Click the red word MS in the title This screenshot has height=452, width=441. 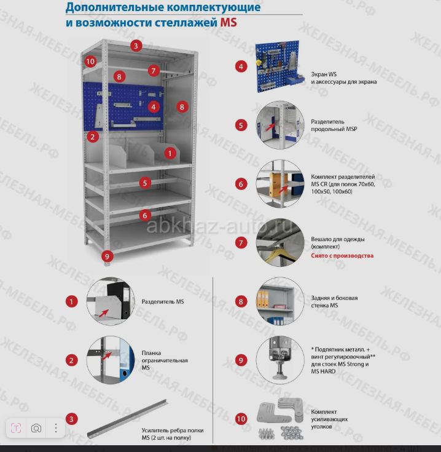click(228, 23)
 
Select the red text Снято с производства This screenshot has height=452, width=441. click(342, 256)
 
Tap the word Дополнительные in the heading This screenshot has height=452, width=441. click(114, 7)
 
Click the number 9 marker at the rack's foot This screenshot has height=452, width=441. click(107, 256)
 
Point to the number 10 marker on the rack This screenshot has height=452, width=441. click(90, 61)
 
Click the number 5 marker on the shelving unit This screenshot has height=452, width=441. click(145, 183)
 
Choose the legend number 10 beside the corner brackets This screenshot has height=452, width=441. click(241, 419)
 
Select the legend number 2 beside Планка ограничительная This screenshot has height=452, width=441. click(72, 360)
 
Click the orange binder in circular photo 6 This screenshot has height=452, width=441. click(275, 184)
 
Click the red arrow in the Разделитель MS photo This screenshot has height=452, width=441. click(104, 313)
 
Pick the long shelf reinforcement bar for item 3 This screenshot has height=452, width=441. click(128, 419)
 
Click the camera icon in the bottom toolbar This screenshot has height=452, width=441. click(36, 428)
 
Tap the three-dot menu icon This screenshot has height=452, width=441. click(56, 428)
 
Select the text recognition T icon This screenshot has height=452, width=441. click(16, 428)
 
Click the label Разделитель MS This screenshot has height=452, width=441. click(163, 301)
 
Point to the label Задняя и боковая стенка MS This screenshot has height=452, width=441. click(334, 301)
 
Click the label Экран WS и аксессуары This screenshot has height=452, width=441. click(344, 78)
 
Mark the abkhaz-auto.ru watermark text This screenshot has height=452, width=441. click(219, 226)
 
